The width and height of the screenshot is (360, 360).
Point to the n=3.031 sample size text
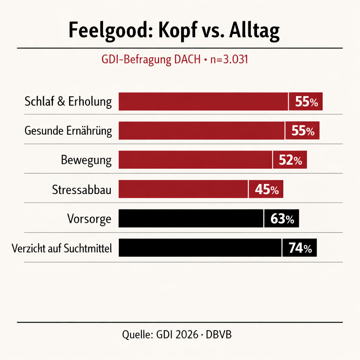[229, 60]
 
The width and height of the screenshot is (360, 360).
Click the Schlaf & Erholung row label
[68, 102]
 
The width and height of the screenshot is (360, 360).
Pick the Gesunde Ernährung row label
[68, 131]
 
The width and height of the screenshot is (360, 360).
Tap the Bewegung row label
[86, 161]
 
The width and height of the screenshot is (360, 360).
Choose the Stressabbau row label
[82, 190]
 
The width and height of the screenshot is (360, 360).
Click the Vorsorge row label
[89, 219]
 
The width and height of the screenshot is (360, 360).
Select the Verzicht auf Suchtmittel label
[62, 249]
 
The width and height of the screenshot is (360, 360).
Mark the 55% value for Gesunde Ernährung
[303, 131]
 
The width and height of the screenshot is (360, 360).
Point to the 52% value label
[290, 161]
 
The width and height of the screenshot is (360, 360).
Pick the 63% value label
[282, 219]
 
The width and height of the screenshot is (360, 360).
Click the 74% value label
[300, 249]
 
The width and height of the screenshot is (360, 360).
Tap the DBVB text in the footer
[219, 334]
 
